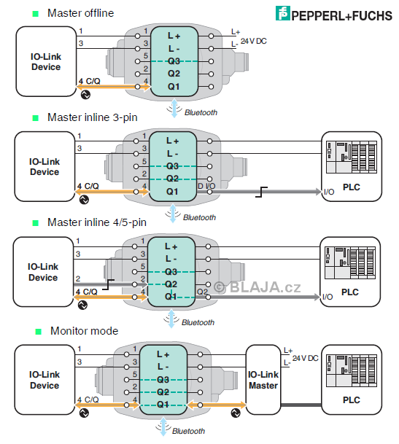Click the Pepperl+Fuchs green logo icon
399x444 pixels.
tap(282, 13)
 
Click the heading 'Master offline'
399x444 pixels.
tap(81, 13)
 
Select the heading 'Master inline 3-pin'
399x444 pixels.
tap(93, 117)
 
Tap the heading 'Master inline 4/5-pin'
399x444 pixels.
tap(97, 222)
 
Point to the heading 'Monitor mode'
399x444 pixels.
tap(84, 331)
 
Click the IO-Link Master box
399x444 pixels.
tap(263, 380)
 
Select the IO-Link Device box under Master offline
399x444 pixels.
tap(46, 61)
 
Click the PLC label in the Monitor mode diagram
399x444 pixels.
tap(352, 400)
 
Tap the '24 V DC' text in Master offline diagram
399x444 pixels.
tap(254, 42)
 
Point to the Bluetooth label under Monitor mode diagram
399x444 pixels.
tap(188, 431)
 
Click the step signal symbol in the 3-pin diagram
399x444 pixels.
tap(261, 192)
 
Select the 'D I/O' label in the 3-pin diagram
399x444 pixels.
tap(206, 186)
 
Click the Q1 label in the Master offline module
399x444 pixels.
tap(174, 87)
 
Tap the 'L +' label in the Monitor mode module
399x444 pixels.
tap(163, 354)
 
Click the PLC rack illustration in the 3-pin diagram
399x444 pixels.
tap(352, 157)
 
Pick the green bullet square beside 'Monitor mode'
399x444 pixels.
tap(39, 332)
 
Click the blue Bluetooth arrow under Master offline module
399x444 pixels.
tap(174, 108)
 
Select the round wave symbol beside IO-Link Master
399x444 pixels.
tap(236, 413)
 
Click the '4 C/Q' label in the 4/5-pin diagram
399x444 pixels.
tap(87, 292)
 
